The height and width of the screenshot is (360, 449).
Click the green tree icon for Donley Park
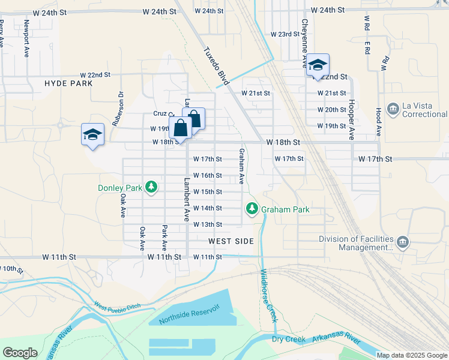[x=152, y=188]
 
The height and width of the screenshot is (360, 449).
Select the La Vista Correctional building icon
[x=394, y=109]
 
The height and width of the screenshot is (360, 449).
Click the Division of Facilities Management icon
[x=402, y=242]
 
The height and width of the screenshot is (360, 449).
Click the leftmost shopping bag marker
[x=180, y=128]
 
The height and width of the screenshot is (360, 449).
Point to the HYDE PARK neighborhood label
[x=68, y=83]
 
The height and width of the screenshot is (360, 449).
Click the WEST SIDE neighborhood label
[x=231, y=241]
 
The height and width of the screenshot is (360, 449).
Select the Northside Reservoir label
[x=189, y=314]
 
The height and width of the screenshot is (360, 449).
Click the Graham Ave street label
[x=241, y=166]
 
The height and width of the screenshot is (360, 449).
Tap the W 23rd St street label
[x=285, y=34]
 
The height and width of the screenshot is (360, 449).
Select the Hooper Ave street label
[x=352, y=119]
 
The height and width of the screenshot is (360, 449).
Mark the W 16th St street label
[x=208, y=175]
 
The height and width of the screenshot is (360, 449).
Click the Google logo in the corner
[x=20, y=352]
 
